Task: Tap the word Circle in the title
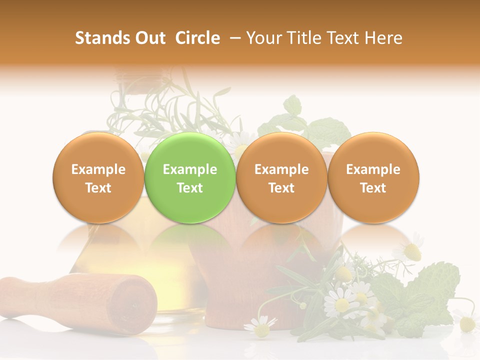pos(197,38)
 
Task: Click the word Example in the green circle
pos(190,169)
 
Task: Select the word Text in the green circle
pos(190,188)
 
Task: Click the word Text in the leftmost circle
pos(98,188)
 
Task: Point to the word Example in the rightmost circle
pos(373,169)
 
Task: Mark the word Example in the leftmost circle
pos(98,169)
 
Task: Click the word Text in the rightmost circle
pos(373,188)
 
